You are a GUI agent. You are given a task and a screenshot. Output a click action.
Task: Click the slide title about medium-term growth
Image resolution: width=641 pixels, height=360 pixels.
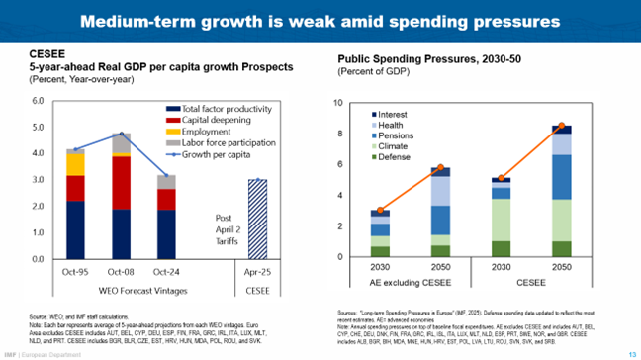(320, 21)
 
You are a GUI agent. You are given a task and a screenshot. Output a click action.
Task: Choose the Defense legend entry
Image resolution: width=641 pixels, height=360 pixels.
(398, 157)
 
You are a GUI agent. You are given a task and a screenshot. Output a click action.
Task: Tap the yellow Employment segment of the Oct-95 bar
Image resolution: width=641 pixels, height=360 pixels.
(74, 163)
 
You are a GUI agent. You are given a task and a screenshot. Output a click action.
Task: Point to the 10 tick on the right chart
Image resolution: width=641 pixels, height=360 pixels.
(339, 103)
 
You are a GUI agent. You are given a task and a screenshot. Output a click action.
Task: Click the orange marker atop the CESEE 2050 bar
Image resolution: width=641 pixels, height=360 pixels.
(561, 126)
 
